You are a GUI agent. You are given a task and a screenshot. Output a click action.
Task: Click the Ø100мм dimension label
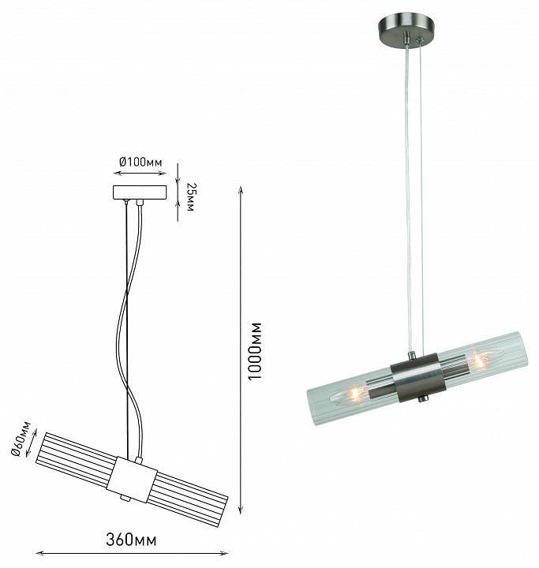(140, 162)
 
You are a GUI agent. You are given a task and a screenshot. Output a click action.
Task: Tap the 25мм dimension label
(190, 197)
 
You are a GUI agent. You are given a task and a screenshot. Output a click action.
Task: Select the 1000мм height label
(254, 351)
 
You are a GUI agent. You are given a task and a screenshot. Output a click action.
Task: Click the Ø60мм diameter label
(21, 439)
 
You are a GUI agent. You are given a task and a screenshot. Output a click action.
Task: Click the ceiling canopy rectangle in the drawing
(140, 192)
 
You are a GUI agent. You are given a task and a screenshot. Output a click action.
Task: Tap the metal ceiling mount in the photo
(406, 29)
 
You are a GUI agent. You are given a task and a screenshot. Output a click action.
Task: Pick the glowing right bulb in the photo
(480, 361)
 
